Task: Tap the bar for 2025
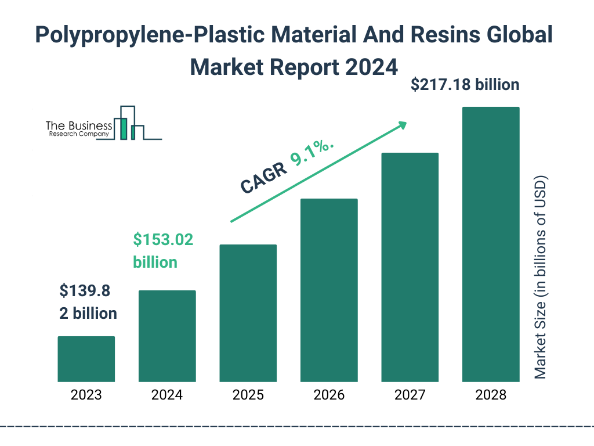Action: [248, 313]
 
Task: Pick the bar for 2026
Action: [329, 290]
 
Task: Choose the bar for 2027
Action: [410, 267]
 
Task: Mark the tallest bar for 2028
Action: [490, 244]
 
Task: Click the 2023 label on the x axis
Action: [86, 395]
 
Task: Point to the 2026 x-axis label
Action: [329, 395]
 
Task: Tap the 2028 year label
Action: [490, 395]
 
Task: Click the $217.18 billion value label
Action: [465, 85]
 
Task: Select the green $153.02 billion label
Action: [162, 250]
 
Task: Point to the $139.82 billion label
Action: [88, 302]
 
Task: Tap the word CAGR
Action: [263, 178]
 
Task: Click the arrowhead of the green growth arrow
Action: [403, 124]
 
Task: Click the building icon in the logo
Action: [129, 123]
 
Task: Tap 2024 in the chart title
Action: [372, 66]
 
